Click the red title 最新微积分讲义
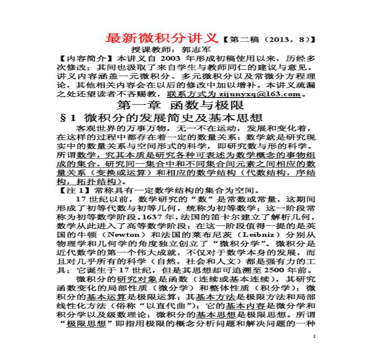pos(162,38)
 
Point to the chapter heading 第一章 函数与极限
pos(180,105)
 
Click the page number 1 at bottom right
pos(314,337)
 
